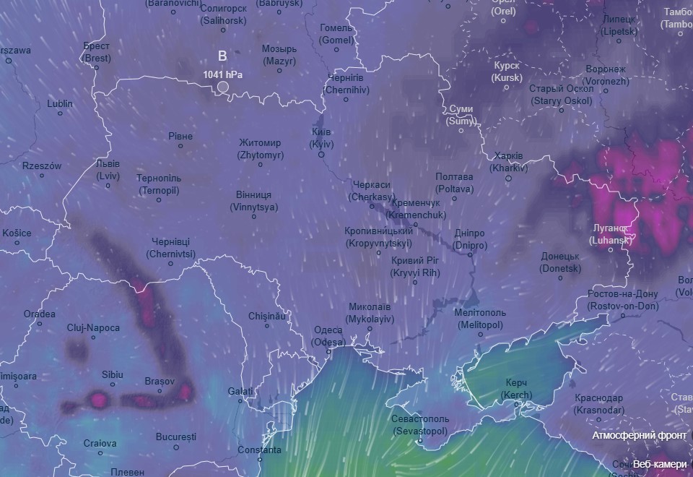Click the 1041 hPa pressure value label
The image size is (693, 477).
pos(222,74)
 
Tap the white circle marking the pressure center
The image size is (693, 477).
pos(223,87)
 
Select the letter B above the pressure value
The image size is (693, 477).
pos(222,56)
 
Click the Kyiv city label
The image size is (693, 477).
pos(321,138)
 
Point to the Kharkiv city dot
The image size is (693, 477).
pos(508,179)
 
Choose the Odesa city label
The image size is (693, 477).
pos(328,336)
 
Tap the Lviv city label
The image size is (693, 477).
pos(108,169)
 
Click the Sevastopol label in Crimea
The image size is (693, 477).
pos(420,424)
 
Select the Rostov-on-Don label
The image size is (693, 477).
pos(622,300)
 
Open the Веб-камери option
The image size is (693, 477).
pos(659,463)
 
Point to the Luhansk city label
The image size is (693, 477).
pos(611,233)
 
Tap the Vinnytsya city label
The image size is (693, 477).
pos(253,201)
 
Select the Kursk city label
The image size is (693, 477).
pos(507,72)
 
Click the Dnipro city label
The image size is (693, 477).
pos(470,239)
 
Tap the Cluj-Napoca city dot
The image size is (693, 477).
pos(93,337)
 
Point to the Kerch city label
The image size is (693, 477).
pos(516,388)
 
